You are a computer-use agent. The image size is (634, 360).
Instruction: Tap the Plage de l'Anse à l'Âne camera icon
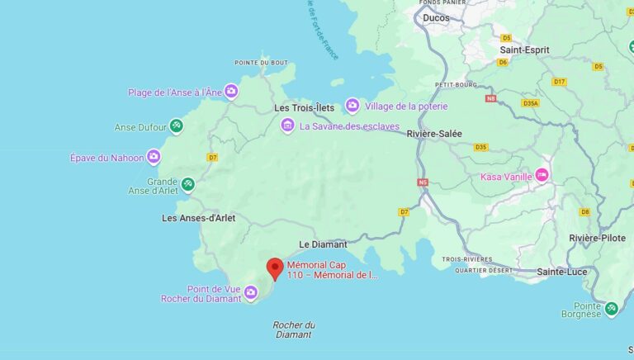point(231,92)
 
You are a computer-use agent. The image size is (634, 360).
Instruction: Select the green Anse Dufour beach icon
point(176,126)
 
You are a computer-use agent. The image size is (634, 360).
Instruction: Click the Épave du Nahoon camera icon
point(154,157)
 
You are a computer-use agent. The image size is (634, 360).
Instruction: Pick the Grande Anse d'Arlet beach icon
point(188,183)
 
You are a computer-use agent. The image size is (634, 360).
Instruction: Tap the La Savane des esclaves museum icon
point(287,126)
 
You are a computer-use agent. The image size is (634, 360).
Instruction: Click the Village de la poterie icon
point(352,106)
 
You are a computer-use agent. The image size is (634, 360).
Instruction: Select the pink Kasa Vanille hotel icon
point(542,175)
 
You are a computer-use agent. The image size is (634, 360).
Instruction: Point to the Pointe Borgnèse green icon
point(611,309)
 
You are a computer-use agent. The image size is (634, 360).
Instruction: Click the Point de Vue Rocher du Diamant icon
point(250,291)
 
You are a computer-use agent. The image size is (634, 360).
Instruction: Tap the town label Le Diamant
point(323,244)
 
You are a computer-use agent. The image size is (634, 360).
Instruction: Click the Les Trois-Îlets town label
point(304,108)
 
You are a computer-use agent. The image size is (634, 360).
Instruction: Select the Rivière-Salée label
point(434,134)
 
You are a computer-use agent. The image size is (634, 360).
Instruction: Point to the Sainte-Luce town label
point(562,271)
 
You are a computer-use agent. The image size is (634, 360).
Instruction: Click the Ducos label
point(436,17)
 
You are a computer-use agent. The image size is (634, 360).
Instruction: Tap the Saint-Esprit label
point(524,50)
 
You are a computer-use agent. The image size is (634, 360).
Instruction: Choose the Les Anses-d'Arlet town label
point(199,218)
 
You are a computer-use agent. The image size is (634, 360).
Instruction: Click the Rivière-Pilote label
point(599,238)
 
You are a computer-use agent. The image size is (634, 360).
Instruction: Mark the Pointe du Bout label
point(261,63)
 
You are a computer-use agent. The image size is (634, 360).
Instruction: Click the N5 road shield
point(423,182)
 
